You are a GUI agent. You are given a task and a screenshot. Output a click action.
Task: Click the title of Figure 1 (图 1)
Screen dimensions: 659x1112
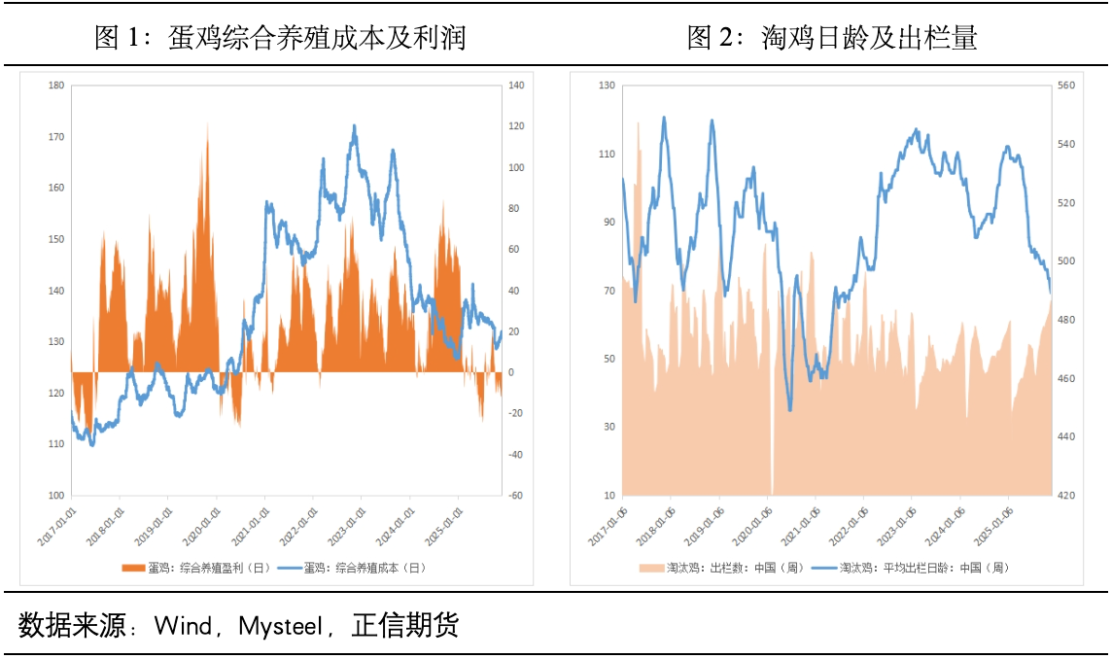[280, 38]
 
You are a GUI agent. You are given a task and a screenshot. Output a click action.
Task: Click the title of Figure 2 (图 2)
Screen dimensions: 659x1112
[832, 38]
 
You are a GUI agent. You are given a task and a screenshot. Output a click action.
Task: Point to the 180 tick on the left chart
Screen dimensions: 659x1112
[55, 86]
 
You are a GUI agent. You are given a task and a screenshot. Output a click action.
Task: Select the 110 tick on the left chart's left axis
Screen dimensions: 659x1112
[55, 444]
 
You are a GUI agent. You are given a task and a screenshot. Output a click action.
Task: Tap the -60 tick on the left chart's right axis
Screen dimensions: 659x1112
[516, 496]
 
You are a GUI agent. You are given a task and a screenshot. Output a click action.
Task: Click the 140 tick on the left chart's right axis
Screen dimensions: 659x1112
[516, 86]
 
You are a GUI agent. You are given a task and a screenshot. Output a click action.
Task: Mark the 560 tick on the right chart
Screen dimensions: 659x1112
[1066, 86]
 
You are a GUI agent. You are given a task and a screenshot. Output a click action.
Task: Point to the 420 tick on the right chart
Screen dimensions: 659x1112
[1066, 496]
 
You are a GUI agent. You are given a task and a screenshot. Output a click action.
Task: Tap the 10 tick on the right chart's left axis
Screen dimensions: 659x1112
[608, 496]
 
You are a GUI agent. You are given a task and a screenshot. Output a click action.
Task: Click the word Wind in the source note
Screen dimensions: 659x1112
[183, 626]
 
